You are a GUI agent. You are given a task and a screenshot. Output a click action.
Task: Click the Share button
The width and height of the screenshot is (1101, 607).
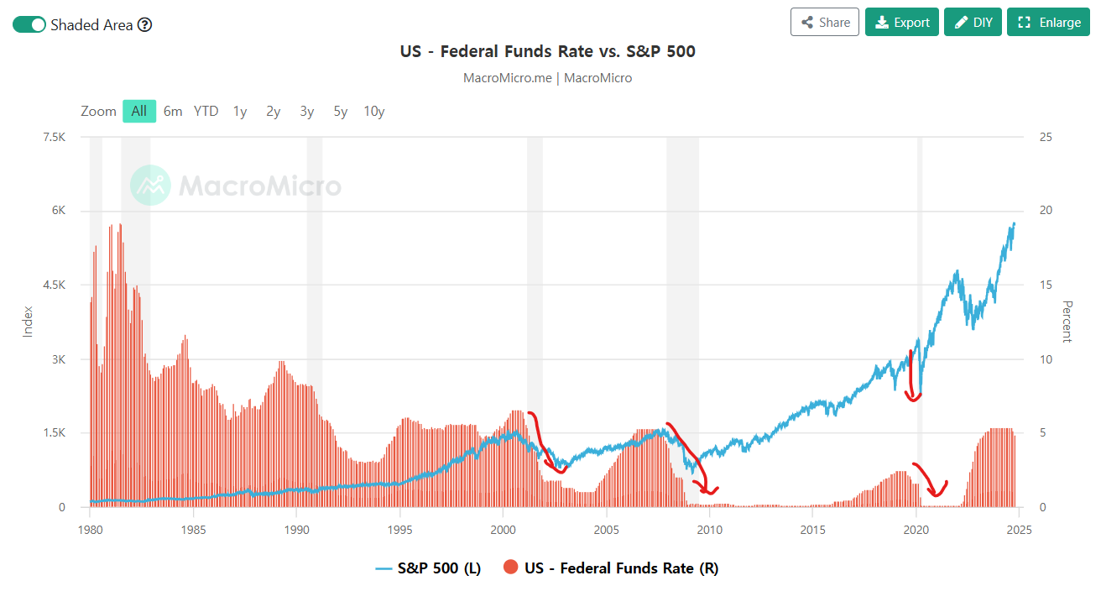click(x=825, y=23)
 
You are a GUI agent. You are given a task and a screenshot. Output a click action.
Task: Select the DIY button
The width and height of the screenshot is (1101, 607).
click(x=973, y=23)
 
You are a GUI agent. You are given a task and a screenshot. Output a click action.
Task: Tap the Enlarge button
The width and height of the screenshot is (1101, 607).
click(x=1048, y=23)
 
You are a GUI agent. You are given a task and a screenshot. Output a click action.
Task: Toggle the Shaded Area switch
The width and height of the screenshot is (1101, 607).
click(x=29, y=24)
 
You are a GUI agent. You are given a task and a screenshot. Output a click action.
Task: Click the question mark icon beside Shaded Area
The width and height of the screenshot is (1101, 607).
click(x=144, y=24)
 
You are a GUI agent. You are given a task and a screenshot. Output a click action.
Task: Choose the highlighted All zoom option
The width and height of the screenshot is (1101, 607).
click(x=138, y=111)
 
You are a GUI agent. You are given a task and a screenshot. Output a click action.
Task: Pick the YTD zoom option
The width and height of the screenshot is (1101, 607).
click(x=206, y=111)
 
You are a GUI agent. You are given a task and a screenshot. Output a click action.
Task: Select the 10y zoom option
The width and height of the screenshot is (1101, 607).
click(x=373, y=111)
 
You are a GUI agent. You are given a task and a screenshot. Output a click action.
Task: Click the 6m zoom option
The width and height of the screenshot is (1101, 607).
click(x=173, y=111)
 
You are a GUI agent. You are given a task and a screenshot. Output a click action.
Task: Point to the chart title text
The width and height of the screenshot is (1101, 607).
click(x=548, y=51)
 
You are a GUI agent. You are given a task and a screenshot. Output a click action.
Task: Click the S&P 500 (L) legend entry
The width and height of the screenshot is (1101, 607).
click(x=428, y=568)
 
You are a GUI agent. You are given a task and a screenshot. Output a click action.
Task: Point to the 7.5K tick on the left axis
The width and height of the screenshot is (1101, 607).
click(x=54, y=137)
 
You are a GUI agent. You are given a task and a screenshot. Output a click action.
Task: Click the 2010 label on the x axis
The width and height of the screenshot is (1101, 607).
click(x=709, y=530)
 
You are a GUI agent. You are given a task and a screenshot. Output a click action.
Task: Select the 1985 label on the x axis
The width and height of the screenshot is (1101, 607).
click(x=193, y=530)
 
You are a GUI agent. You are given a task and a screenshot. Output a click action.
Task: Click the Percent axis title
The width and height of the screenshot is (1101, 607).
click(x=1067, y=322)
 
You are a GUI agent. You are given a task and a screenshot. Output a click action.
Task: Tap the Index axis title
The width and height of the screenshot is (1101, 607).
click(x=27, y=322)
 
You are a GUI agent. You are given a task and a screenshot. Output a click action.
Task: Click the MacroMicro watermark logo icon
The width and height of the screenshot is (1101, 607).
click(x=150, y=186)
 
